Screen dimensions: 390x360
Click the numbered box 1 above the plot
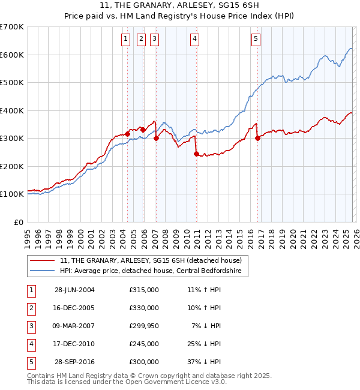coord(126,40)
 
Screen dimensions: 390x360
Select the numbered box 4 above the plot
coord(195,40)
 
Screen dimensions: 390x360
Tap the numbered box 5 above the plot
coord(256,40)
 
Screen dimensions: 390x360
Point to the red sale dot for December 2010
coord(196,154)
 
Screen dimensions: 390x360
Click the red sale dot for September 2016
coord(258,138)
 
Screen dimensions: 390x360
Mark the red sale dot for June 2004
coord(127,134)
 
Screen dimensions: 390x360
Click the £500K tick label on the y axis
coord(11,83)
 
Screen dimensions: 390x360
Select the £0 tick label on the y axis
coord(19,222)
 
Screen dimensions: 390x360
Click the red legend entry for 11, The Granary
coord(151,260)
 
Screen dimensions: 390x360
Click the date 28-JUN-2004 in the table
coord(74,290)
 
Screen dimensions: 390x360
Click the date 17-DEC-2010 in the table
coord(74,344)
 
